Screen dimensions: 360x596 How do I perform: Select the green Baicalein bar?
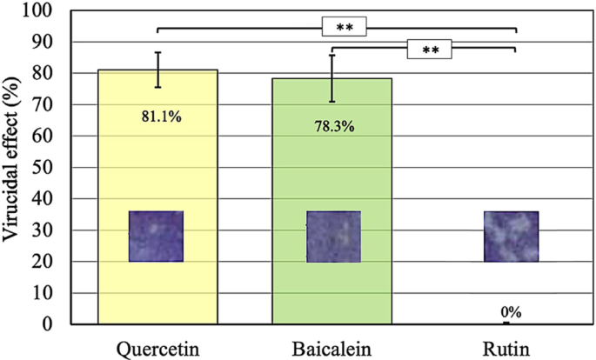(x=331, y=174)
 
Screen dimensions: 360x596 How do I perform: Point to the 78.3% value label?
(x=331, y=125)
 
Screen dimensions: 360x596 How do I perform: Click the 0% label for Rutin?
(x=510, y=312)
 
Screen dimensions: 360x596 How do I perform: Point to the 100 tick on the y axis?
(x=40, y=11)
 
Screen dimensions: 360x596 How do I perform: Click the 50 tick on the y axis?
(x=44, y=168)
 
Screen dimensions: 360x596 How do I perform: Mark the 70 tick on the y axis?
(x=44, y=105)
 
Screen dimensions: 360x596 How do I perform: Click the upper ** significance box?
(x=345, y=28)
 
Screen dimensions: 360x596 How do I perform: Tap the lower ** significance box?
(x=430, y=50)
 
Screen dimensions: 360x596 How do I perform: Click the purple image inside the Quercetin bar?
(x=157, y=237)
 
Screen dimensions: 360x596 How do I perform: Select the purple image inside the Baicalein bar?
(x=332, y=237)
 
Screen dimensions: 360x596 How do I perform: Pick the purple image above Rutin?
(x=511, y=237)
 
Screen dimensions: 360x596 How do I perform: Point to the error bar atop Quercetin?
(x=157, y=70)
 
